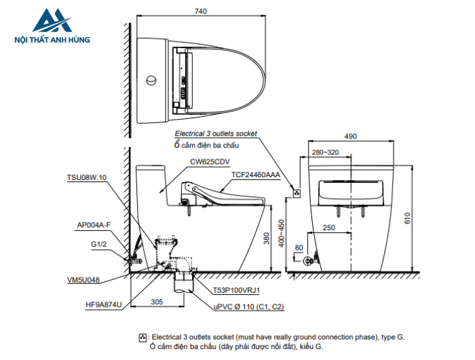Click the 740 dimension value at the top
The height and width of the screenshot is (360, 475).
(x=201, y=12)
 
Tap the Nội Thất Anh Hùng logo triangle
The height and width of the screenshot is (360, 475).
(x=52, y=20)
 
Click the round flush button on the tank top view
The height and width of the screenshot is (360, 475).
(x=151, y=80)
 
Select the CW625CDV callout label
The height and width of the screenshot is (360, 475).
(x=210, y=162)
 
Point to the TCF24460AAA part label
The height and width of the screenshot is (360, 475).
(x=256, y=175)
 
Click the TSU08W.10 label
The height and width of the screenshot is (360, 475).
(x=87, y=177)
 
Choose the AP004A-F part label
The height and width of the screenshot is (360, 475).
(x=94, y=225)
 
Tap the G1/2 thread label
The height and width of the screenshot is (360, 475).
(x=99, y=244)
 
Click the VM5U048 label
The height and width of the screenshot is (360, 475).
(x=83, y=280)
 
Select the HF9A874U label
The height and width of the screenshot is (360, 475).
(x=104, y=304)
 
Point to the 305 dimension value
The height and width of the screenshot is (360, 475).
(x=157, y=302)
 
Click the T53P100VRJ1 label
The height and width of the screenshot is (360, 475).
(x=236, y=290)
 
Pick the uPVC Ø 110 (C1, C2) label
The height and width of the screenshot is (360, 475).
(x=249, y=306)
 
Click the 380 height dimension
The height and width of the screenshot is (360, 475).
(x=266, y=238)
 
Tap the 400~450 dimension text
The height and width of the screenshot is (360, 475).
(x=282, y=234)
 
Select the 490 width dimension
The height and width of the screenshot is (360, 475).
(x=351, y=137)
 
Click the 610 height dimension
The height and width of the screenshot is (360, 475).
(x=407, y=218)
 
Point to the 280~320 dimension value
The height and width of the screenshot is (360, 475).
(x=325, y=152)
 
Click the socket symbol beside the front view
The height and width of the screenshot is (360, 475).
(x=297, y=193)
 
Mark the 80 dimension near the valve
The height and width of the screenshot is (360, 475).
(x=299, y=247)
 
